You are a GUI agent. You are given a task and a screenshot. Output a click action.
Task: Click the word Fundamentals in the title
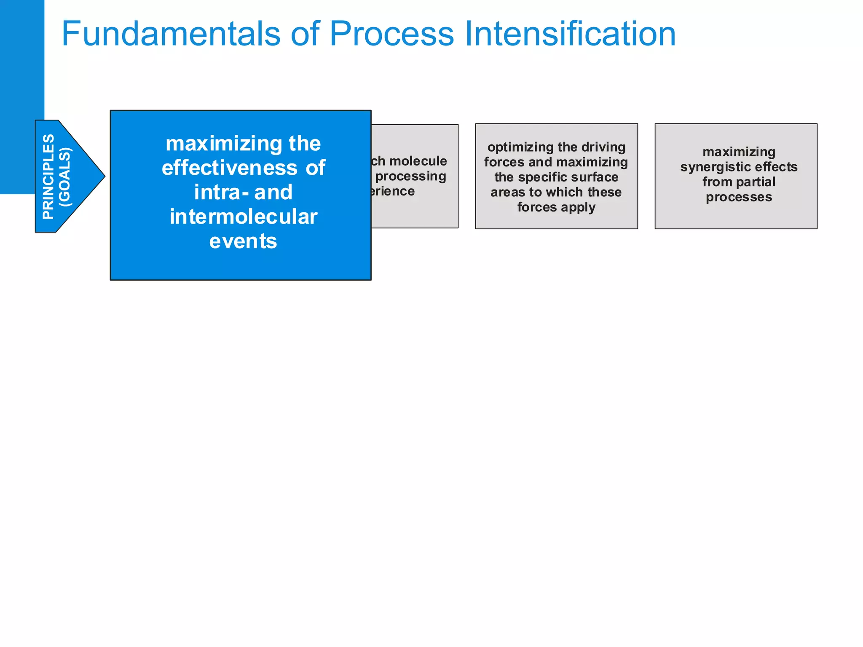click(x=171, y=34)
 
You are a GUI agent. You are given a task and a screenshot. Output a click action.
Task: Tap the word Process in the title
click(x=391, y=34)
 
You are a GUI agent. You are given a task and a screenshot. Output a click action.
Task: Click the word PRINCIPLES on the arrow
click(x=48, y=176)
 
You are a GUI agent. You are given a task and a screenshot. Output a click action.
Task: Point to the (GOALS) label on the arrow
click(x=65, y=177)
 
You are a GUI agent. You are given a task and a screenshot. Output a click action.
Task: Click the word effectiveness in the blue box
click(x=230, y=168)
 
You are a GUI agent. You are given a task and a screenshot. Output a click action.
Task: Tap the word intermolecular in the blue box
click(x=243, y=217)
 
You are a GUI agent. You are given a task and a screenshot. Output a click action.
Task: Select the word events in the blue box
click(x=243, y=241)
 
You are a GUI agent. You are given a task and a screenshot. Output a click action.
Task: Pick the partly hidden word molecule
click(x=418, y=161)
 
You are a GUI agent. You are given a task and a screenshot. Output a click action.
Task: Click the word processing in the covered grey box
click(x=410, y=176)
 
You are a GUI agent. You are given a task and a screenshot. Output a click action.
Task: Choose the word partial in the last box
click(x=757, y=182)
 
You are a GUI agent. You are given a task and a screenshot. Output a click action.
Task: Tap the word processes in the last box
click(x=739, y=197)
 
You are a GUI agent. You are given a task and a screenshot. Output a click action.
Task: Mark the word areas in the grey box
click(x=508, y=192)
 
